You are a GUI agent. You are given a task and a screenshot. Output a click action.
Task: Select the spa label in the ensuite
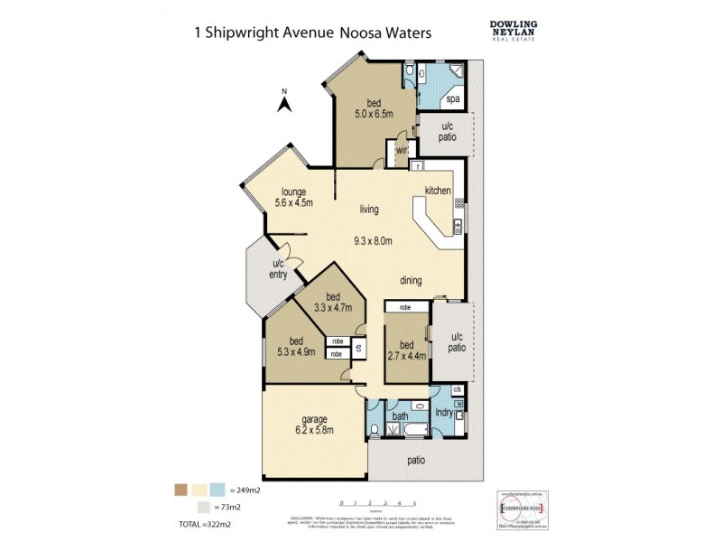(452, 99)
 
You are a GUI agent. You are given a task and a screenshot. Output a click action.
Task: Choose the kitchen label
(438, 191)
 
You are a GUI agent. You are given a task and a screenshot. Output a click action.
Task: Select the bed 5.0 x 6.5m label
(372, 108)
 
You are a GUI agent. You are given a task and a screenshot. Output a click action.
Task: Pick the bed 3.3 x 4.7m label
(333, 303)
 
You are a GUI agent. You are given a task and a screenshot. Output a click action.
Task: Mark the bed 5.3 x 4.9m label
(291, 346)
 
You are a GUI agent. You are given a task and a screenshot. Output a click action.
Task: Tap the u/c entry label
(278, 269)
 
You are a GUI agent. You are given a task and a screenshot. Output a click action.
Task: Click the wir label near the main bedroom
(402, 151)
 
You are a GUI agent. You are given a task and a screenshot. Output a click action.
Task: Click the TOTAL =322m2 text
(206, 524)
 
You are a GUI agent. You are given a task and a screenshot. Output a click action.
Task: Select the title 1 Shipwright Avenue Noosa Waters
(313, 32)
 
